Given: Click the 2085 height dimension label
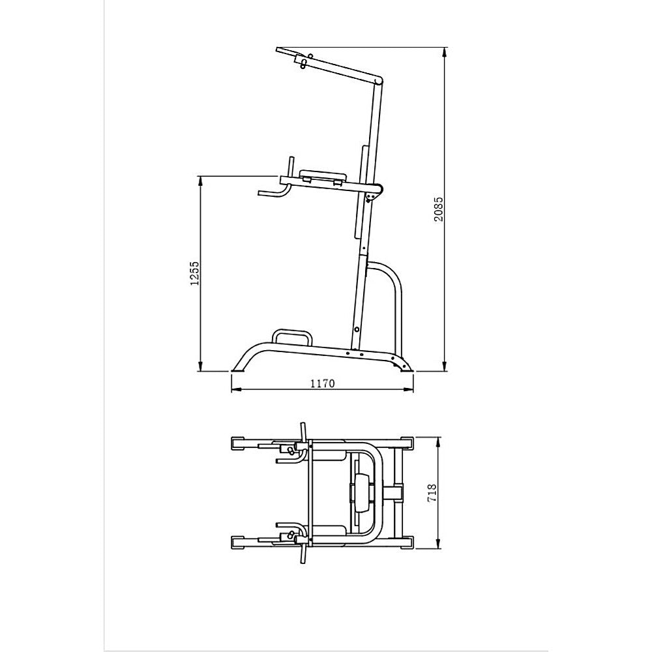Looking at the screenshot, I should pos(439,209).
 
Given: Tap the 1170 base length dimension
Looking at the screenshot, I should pos(322,383).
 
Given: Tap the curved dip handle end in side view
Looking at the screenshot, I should pos(266,193).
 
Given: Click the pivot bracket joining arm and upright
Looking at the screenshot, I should pos(374,192).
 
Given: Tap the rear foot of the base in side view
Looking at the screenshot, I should pos(406,367).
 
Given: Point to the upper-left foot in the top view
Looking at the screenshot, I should pos(239,444).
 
